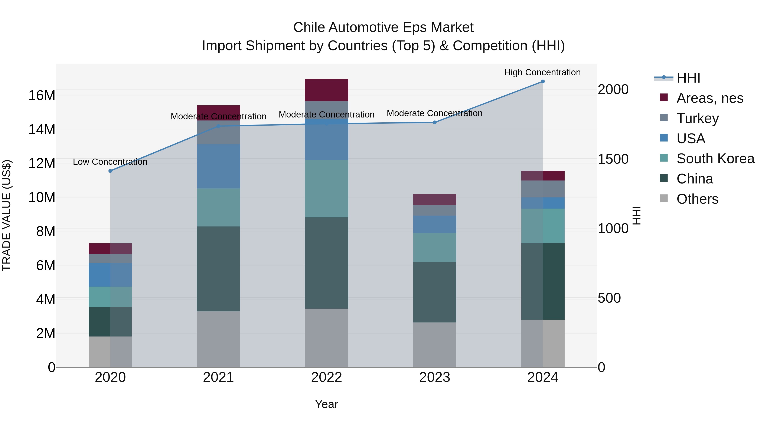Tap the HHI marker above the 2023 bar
click(434, 122)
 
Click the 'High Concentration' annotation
click(542, 72)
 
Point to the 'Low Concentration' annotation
click(110, 162)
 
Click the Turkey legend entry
click(697, 118)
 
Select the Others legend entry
click(697, 199)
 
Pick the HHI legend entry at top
click(688, 78)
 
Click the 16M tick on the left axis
click(42, 96)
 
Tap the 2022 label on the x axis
click(326, 377)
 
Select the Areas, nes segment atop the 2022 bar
click(326, 90)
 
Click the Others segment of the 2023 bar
click(434, 345)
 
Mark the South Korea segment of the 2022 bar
click(326, 189)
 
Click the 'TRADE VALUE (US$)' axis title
click(7, 215)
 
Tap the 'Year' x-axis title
click(326, 404)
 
